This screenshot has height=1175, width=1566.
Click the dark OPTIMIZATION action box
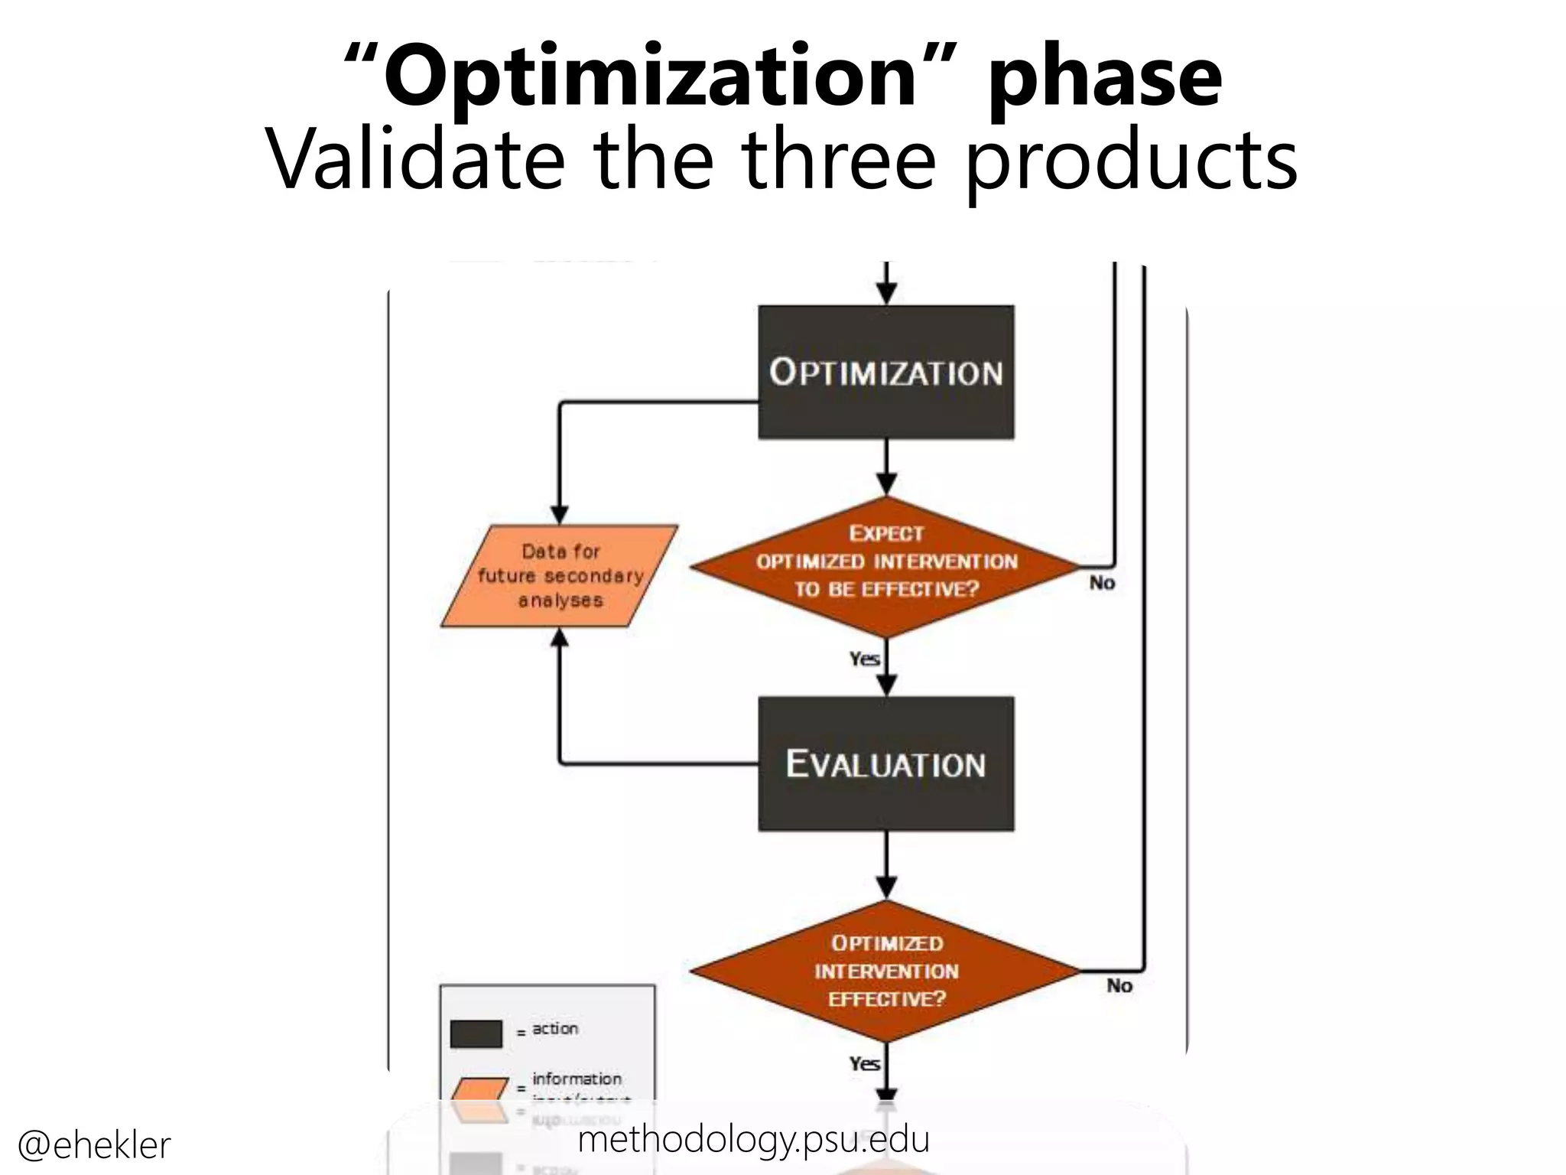pos(885,373)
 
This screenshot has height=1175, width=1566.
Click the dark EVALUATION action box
pos(885,763)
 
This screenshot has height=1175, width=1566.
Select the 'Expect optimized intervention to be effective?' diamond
pos(885,566)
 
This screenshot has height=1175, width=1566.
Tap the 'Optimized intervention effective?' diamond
pos(885,971)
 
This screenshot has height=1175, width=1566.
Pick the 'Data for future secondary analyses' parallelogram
pos(560,576)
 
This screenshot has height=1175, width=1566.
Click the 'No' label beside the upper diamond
pos(1102,583)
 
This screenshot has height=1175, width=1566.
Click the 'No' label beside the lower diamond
pos(1119,985)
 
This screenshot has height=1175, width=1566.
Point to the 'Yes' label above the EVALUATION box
pos(864,659)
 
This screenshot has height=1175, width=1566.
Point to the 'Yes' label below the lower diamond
pos(864,1063)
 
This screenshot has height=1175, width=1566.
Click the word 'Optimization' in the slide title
pos(650,76)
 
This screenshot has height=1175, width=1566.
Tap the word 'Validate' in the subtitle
pos(417,161)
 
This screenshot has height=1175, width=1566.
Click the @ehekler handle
pos(94,1145)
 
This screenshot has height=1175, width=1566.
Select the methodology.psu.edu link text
pos(753,1140)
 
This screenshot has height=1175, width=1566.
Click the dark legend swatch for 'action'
pos(476,1033)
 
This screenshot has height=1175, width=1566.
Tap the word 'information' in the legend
pos(577,1079)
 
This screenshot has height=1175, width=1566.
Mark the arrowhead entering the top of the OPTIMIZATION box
pos(886,294)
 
